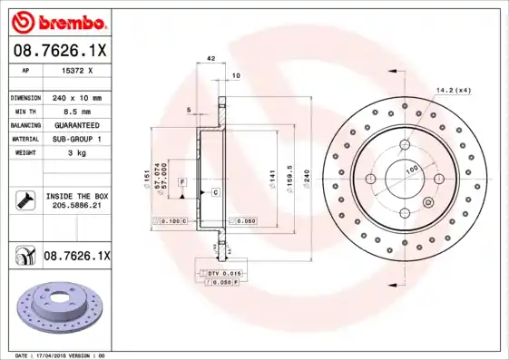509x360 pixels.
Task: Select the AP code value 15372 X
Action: pyautogui.click(x=77, y=70)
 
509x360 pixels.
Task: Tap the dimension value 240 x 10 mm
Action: pyautogui.click(x=77, y=97)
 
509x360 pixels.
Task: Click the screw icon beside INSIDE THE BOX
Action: pyautogui.click(x=23, y=200)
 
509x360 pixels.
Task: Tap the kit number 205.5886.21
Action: pyautogui.click(x=77, y=206)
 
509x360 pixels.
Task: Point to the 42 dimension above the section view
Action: pyautogui.click(x=210, y=59)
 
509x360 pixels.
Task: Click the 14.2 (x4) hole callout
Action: pyautogui.click(x=453, y=90)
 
